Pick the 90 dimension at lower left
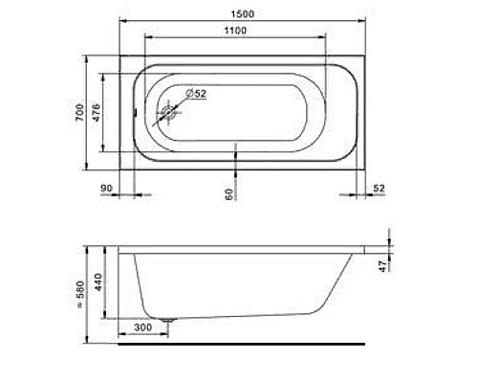tap(106, 189)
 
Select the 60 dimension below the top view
tap(229, 192)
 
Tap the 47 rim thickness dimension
tap(382, 263)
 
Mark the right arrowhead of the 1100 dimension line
tap(326, 38)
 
